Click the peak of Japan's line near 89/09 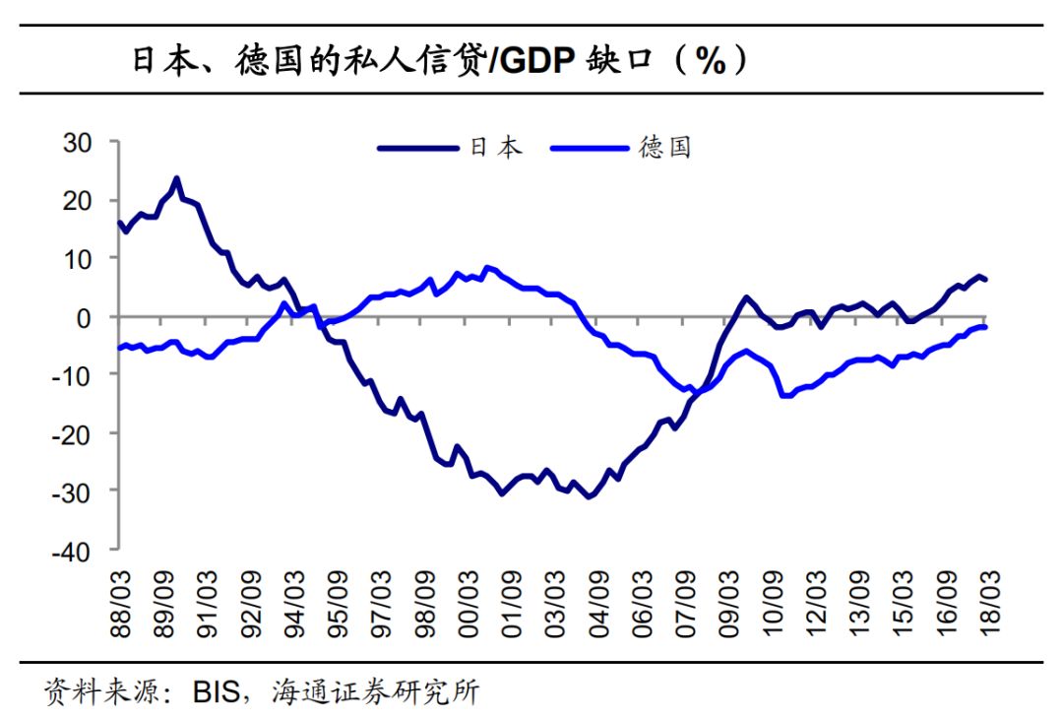pos(176,179)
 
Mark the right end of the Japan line pos(986,281)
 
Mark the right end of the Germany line pos(986,327)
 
